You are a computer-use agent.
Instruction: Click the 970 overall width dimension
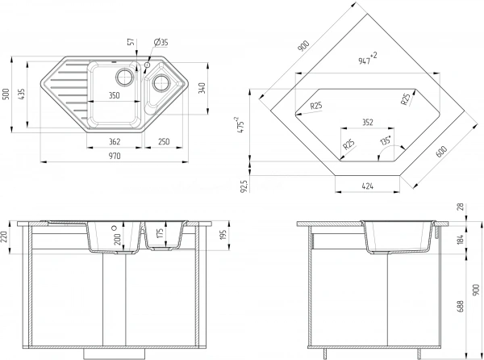click(x=115, y=156)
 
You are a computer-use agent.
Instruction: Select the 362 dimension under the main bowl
click(x=115, y=142)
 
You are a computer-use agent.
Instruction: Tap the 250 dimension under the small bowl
click(x=164, y=141)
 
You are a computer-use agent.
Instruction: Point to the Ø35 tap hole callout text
click(x=161, y=42)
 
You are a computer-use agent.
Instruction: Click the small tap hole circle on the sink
click(x=148, y=65)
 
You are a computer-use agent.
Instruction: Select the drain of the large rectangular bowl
click(x=125, y=76)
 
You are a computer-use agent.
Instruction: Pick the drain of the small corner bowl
click(x=161, y=82)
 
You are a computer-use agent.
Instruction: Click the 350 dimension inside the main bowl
click(x=114, y=95)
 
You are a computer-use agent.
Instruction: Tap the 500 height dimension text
click(x=6, y=94)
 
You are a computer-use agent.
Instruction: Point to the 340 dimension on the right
click(x=202, y=89)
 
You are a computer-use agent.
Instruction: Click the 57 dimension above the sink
click(x=131, y=42)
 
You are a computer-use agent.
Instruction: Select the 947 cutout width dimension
click(x=367, y=58)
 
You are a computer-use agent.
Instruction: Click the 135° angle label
click(x=386, y=140)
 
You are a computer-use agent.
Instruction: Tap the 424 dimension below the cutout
click(x=367, y=186)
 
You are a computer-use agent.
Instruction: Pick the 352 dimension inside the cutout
click(x=367, y=123)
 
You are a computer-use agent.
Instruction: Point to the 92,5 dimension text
click(x=244, y=186)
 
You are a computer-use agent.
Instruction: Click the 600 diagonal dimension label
click(x=442, y=151)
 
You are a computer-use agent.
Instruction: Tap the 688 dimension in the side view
click(x=461, y=306)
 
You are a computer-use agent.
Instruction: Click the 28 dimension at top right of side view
click(x=461, y=207)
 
